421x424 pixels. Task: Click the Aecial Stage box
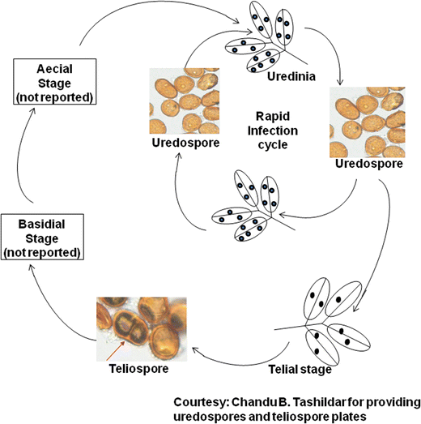click(53, 81)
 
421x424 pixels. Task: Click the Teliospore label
click(138, 369)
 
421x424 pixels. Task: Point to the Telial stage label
click(300, 370)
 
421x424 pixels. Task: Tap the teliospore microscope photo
click(142, 328)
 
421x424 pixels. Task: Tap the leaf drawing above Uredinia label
click(266, 41)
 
